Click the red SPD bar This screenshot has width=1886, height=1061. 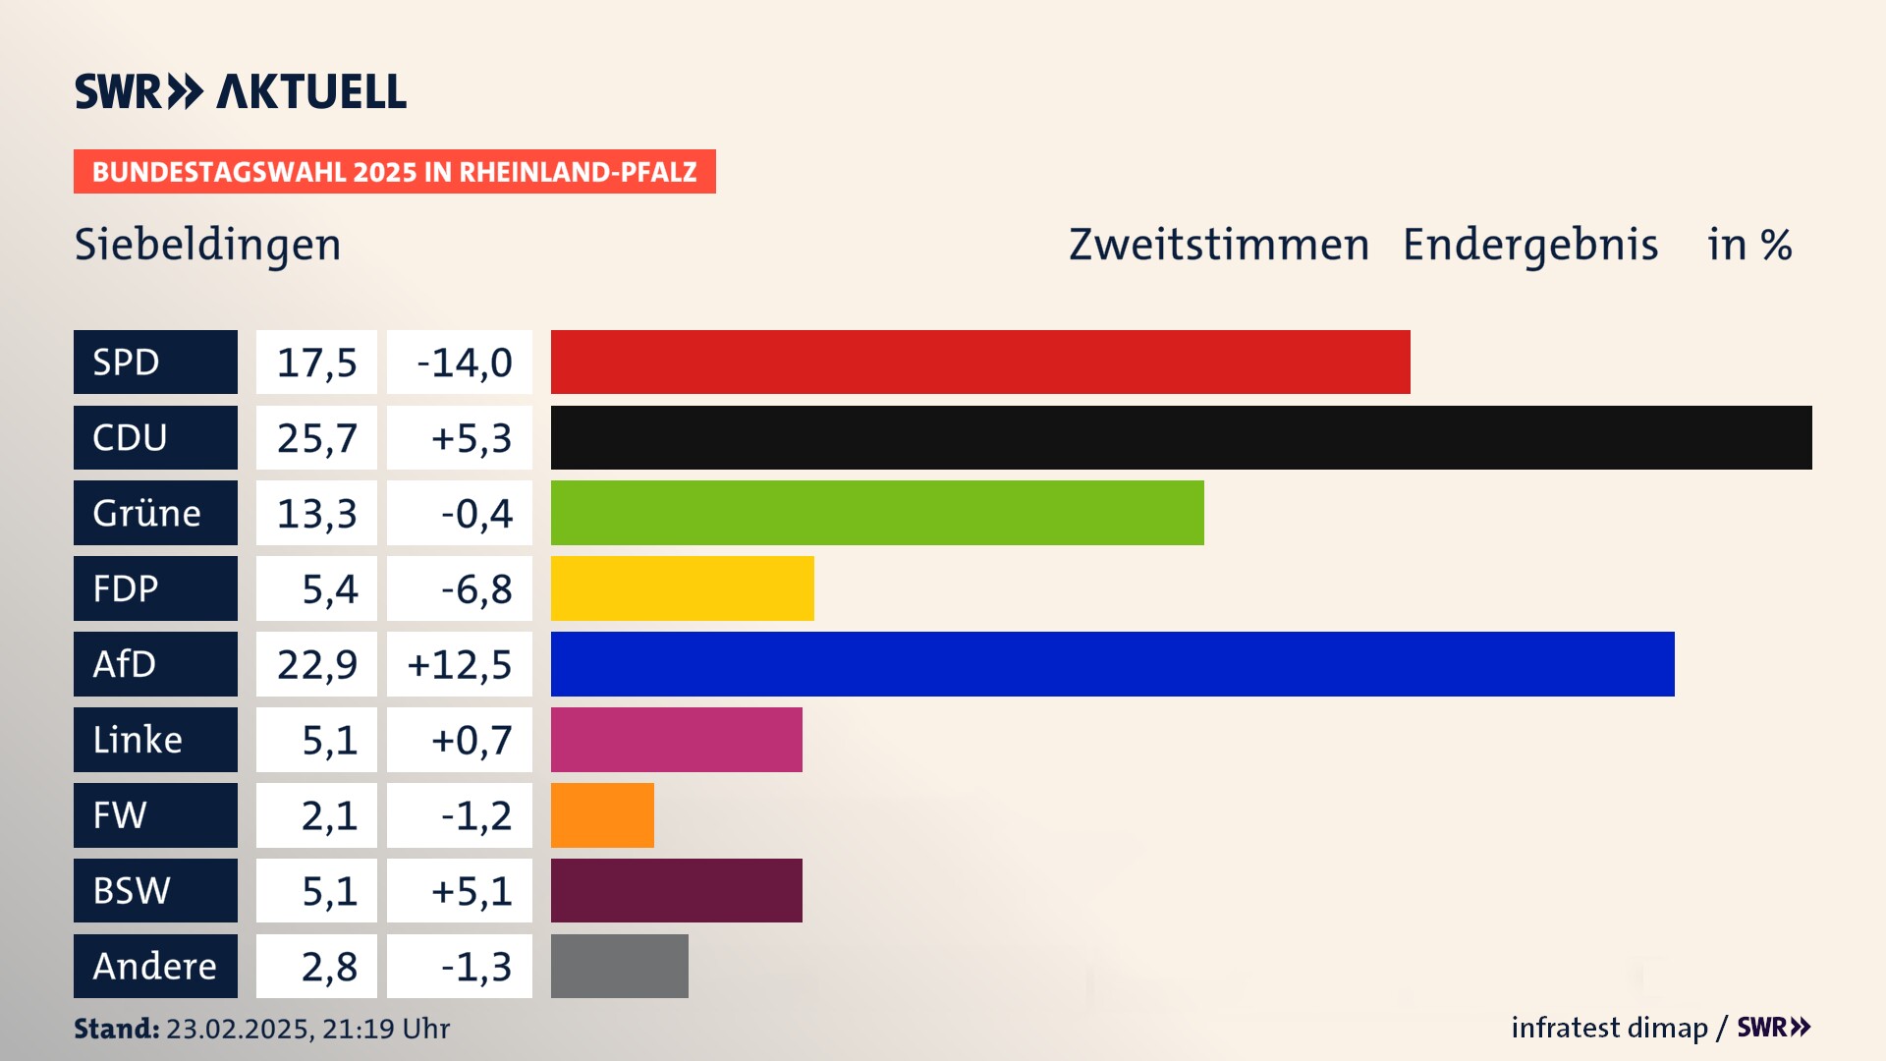coord(980,362)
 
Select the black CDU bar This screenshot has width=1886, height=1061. coord(1181,437)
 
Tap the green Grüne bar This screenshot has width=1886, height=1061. coord(877,513)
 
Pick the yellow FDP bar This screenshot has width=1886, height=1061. coord(682,588)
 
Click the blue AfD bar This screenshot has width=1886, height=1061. coord(1112,664)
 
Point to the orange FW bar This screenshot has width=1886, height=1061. coord(602,815)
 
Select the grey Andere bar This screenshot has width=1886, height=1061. coord(619,967)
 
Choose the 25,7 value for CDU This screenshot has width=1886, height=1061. coord(316,438)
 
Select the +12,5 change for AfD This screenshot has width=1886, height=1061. coord(460,665)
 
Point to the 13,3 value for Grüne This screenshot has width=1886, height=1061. coord(316,514)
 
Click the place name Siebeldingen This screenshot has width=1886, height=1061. coord(207,245)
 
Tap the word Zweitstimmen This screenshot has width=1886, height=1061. coord(1218,245)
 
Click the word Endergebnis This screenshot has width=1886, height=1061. coord(1529,245)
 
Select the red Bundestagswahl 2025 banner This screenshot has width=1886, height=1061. coord(394,172)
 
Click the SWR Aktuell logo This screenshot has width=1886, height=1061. coord(241,91)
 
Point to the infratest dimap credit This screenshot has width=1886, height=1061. coord(1609,1028)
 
